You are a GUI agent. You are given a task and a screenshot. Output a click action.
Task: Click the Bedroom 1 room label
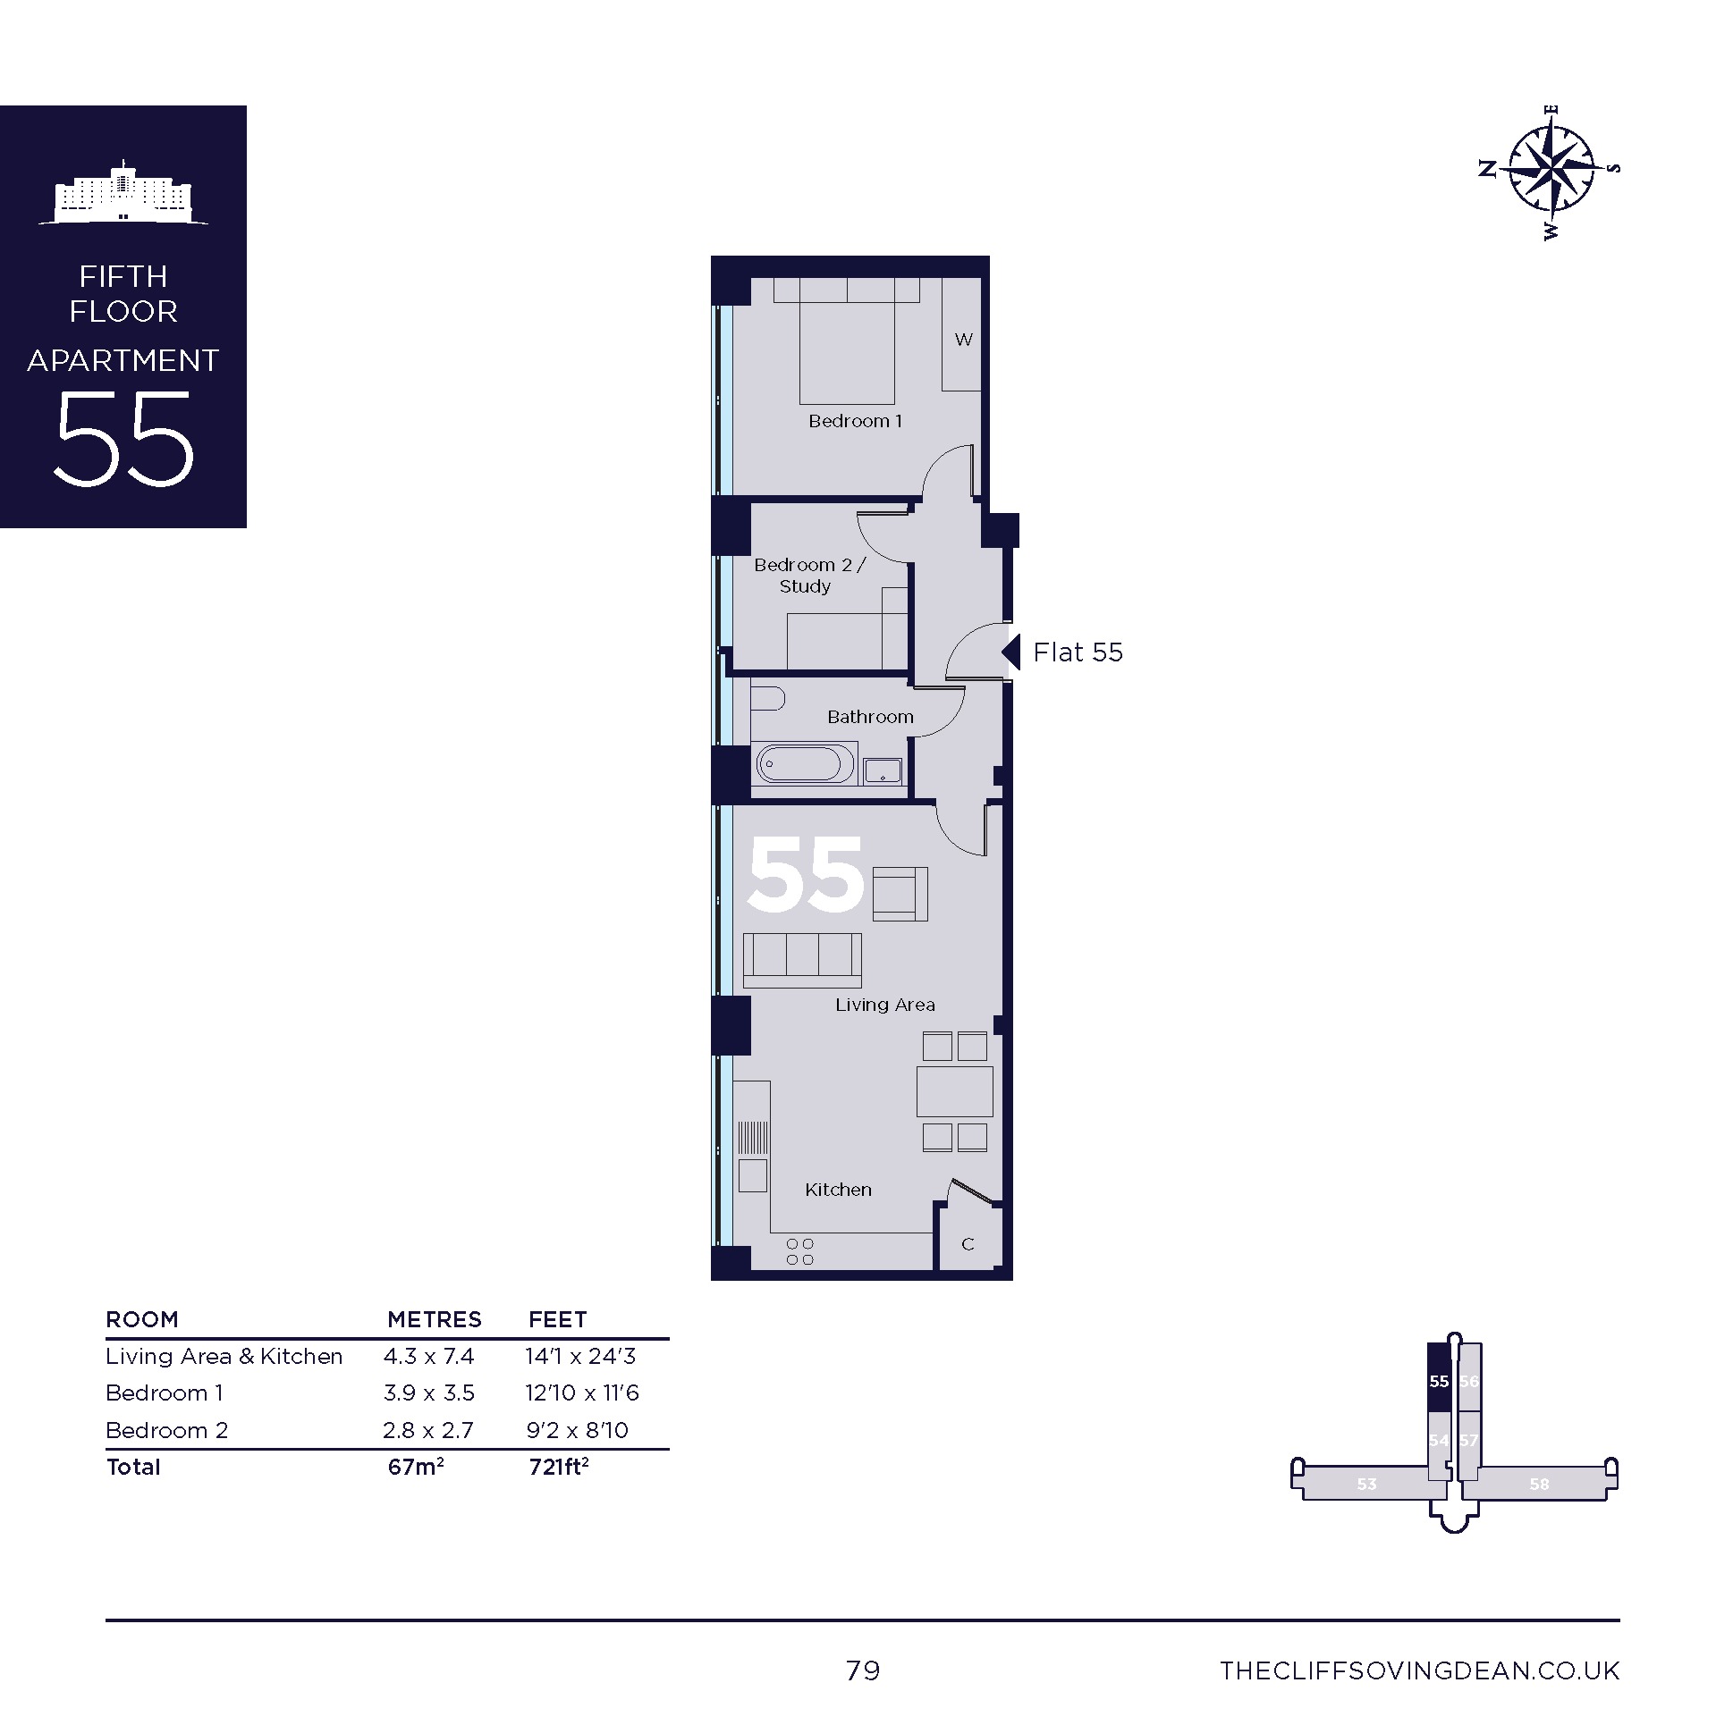856,420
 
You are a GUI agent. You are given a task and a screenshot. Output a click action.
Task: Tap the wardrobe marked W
961,334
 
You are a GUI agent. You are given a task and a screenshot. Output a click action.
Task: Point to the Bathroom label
870,716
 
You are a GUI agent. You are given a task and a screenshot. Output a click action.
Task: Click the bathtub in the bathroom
805,764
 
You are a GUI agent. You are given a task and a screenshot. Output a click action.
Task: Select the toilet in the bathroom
767,697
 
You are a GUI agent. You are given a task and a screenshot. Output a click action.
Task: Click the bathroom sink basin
883,770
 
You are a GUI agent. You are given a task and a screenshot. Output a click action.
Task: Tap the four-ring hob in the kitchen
799,1251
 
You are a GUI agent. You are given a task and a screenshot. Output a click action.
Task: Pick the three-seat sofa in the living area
802,960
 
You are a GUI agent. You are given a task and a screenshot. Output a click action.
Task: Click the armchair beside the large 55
900,894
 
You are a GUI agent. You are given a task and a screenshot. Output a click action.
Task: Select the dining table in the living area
954,1091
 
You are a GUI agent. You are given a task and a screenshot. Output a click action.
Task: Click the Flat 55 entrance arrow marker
1010,652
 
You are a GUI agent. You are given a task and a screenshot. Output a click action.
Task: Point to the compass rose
1549,170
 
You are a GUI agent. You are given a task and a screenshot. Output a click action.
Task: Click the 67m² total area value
416,1467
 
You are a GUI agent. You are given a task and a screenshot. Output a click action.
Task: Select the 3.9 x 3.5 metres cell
428,1393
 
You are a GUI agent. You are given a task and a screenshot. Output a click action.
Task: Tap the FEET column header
558,1319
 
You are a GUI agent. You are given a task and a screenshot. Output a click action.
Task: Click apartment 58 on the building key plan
1539,1484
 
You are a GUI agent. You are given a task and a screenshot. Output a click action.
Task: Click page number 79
863,1670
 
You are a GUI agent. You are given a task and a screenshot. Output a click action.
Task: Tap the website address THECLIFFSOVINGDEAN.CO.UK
1420,1670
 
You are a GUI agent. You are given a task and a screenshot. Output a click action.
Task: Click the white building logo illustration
123,193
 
